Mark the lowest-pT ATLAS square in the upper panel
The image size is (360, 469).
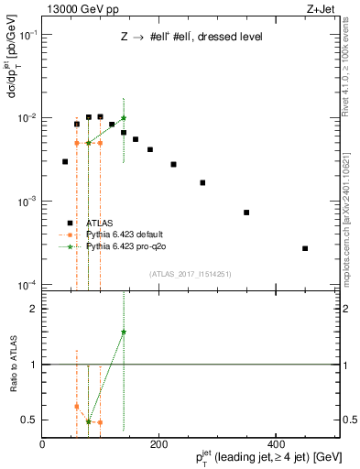[x=65, y=161]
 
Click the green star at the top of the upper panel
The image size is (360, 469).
[x=124, y=118]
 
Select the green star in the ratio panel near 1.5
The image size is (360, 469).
[x=124, y=332]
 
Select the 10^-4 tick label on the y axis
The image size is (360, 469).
[x=27, y=285]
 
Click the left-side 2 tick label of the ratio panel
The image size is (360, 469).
[x=34, y=310]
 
